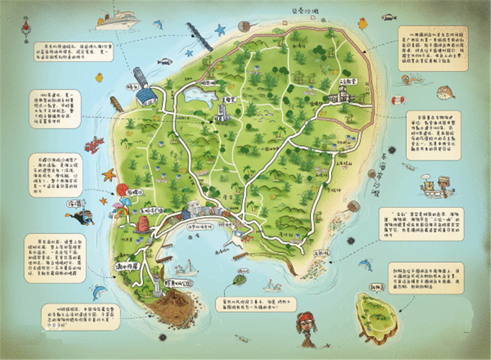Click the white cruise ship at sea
click(118, 21)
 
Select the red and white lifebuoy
click(397, 99)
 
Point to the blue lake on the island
click(197, 96)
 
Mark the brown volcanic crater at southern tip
click(172, 308)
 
